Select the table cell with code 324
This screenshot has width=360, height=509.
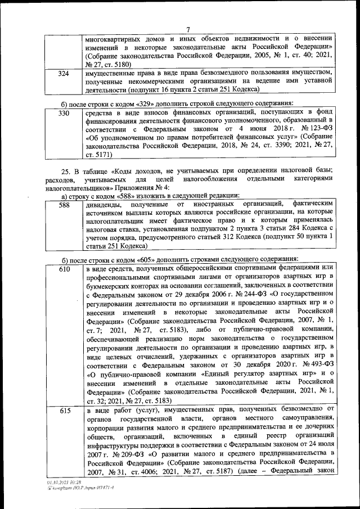(x=64, y=74)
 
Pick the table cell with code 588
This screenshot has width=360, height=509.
(x=64, y=206)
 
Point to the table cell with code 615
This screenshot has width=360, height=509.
(x=64, y=412)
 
